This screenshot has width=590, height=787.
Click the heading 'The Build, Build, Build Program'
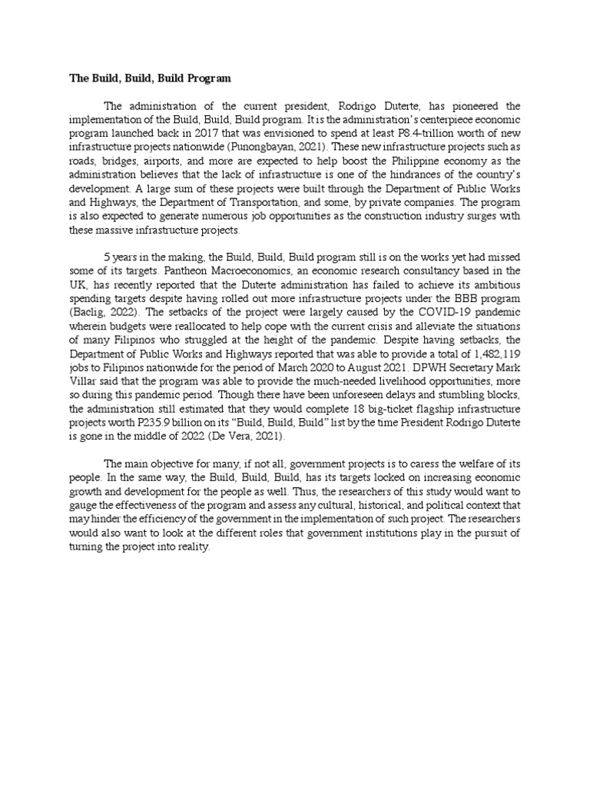[x=150, y=78]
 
